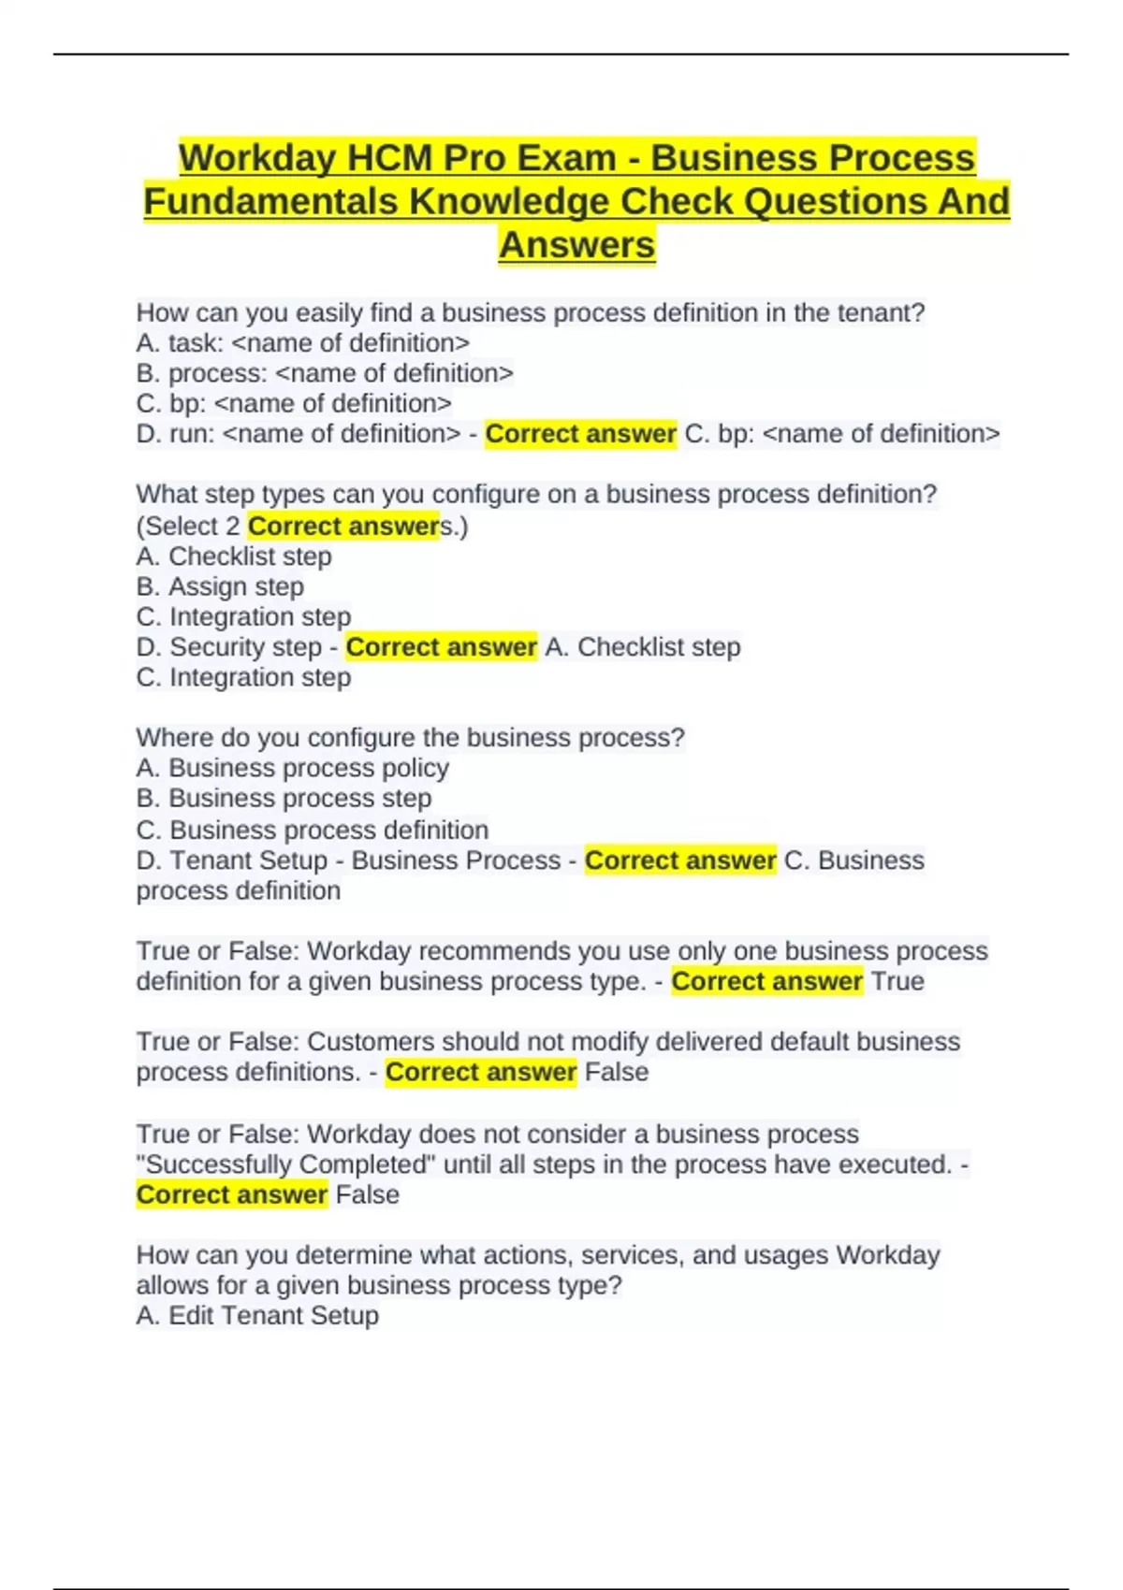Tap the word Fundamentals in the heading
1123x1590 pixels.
(270, 201)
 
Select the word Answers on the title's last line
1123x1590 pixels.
(576, 245)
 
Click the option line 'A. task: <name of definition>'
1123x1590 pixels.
(303, 343)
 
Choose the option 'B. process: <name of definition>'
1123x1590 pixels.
(325, 373)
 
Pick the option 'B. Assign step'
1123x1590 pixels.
(220, 586)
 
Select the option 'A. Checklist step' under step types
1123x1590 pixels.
(234, 556)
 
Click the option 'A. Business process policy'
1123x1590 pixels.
(293, 768)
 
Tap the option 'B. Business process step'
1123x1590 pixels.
(284, 798)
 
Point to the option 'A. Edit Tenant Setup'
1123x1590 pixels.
(257, 1315)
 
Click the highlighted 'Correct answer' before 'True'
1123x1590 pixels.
(766, 981)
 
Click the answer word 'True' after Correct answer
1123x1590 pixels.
(897, 981)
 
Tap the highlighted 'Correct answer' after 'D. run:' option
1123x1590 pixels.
(580, 434)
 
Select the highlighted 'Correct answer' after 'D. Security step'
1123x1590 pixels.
(441, 647)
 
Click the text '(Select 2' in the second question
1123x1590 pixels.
(188, 527)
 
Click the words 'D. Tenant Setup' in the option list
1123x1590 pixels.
(232, 860)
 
